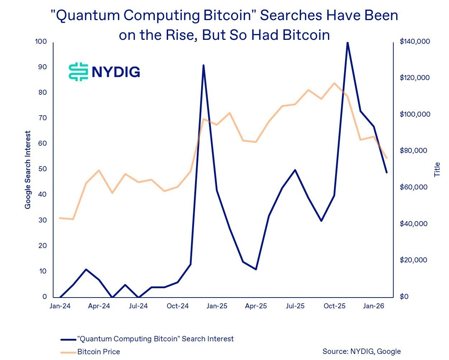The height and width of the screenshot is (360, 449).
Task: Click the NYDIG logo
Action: (104, 72)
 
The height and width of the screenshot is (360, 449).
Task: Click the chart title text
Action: (224, 25)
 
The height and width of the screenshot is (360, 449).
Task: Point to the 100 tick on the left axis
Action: (41, 42)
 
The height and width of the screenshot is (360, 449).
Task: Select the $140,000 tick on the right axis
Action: (415, 42)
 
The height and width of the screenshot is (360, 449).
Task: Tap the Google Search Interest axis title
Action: (28, 170)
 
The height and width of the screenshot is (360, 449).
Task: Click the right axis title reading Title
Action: (437, 169)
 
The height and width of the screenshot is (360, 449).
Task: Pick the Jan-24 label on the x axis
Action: (60, 306)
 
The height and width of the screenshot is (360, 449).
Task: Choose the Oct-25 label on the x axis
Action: (334, 306)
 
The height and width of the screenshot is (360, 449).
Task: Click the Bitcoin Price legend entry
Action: (98, 352)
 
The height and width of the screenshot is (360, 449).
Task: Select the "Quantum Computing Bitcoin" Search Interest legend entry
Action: (155, 339)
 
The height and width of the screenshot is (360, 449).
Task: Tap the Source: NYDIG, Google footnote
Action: (361, 351)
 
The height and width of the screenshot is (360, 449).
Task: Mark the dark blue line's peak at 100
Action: (347, 42)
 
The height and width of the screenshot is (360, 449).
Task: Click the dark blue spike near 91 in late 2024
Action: (203, 65)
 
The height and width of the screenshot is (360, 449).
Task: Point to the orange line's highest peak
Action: (334, 83)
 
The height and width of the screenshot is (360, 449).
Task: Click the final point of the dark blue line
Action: (387, 173)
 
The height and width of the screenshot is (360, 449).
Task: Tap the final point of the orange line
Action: (387, 158)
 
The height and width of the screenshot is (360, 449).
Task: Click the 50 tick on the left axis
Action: (42, 169)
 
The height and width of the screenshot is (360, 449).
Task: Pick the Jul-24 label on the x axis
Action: (138, 306)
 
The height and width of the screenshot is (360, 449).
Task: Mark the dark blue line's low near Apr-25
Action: (256, 269)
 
